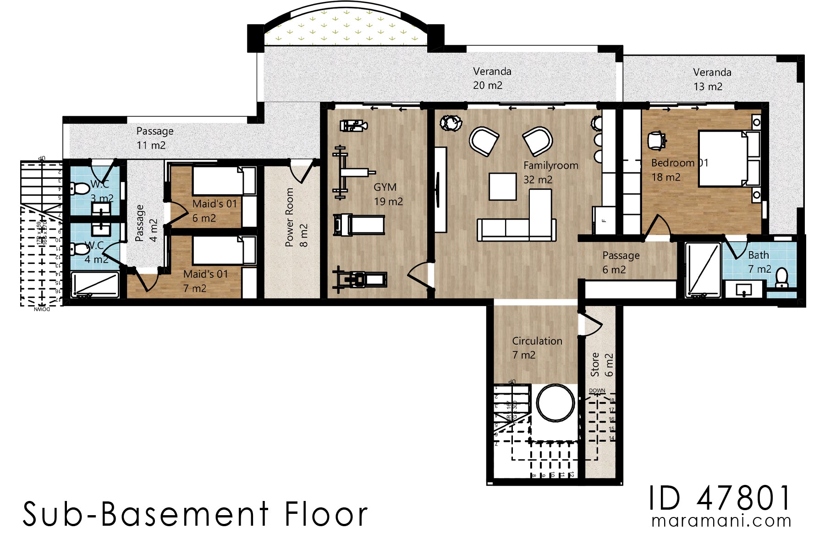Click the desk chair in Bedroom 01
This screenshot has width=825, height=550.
point(656,140)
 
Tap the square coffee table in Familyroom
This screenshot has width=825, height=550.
point(502,186)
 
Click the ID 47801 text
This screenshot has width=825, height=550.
point(720,499)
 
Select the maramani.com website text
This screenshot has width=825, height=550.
point(721,521)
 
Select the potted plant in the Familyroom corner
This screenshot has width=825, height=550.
point(450,123)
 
